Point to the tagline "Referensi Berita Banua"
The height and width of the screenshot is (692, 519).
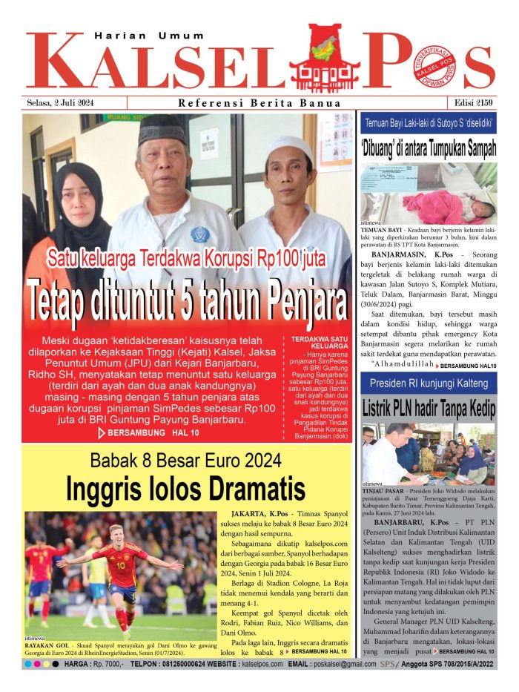(x=259, y=103)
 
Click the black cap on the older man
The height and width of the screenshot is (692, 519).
(x=162, y=129)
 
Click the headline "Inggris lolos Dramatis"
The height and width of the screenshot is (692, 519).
(x=185, y=489)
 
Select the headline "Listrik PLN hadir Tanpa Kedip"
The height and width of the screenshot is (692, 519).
(x=429, y=409)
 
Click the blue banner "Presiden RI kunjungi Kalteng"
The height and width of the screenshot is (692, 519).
(x=429, y=383)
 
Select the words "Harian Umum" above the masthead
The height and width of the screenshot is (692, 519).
(x=139, y=35)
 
